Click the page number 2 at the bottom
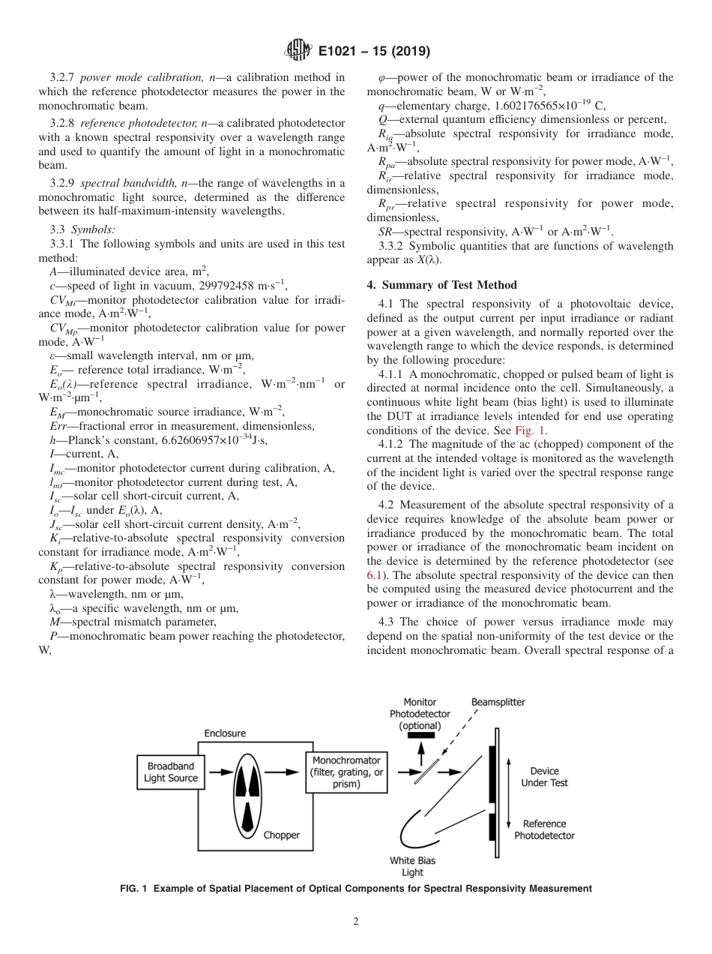[356, 921]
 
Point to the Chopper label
[281, 835]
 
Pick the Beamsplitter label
[498, 702]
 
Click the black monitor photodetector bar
[420, 735]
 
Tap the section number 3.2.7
[63, 76]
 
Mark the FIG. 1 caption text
[356, 888]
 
